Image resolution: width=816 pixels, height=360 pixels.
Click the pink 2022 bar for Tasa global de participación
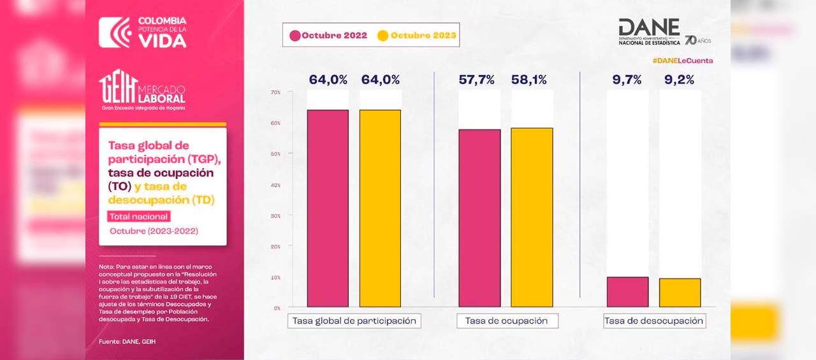(328, 208)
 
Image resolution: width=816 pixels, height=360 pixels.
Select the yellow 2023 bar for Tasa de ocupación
(532, 217)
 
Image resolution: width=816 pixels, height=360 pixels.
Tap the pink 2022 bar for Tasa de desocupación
(627, 292)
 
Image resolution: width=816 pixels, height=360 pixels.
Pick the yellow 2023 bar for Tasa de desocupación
(680, 292)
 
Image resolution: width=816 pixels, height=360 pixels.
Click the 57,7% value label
(478, 80)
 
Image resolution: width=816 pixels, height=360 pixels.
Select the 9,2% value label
(680, 80)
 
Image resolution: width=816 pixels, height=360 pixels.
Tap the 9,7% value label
(627, 80)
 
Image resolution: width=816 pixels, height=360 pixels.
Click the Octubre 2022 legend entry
(328, 36)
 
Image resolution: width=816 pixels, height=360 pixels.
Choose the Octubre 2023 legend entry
(417, 36)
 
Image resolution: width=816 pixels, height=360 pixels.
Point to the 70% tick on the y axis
(275, 92)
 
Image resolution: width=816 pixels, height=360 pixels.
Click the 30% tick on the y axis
(275, 216)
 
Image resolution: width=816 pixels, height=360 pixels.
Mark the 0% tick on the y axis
(277, 308)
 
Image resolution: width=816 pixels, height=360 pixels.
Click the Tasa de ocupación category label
(507, 320)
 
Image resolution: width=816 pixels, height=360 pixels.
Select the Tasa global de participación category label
(354, 320)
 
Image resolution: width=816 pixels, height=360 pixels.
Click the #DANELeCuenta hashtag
(682, 61)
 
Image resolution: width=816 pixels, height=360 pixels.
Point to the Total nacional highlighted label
(138, 217)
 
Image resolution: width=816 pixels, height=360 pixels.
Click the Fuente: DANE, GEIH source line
(127, 342)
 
